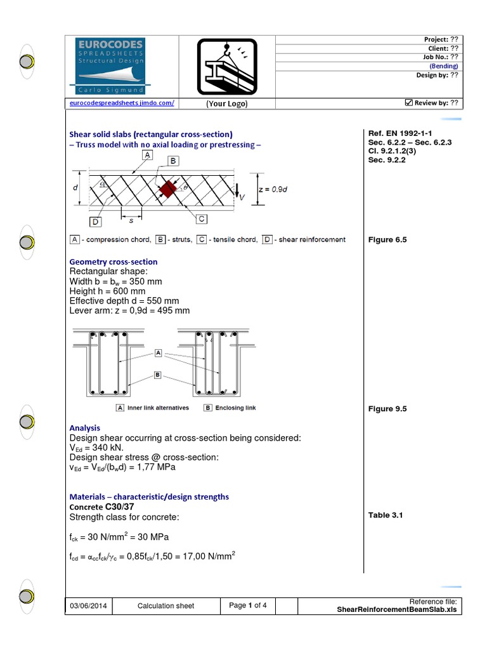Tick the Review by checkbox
[x=408, y=103]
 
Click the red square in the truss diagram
[x=167, y=189]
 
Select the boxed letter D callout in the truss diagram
[x=94, y=222]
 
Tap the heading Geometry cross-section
[x=113, y=262]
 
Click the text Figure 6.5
[x=387, y=240]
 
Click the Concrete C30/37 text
[x=101, y=507]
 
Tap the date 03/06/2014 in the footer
[x=89, y=606]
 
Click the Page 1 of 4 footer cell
[x=248, y=606]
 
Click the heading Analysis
[x=84, y=428]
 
